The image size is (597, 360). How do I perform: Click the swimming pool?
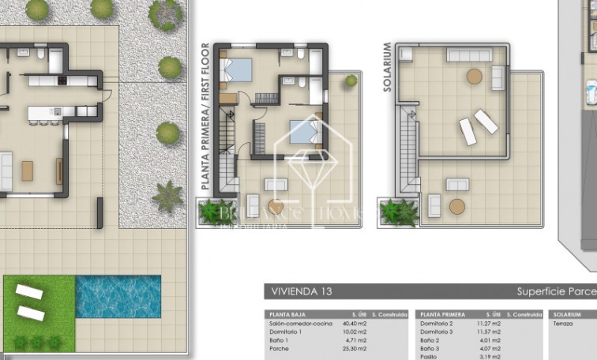pos(118,296)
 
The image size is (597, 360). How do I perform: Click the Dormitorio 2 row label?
pos(437,323)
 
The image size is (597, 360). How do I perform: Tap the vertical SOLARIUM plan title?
pos(388,68)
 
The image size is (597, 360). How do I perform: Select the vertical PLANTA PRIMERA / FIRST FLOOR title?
pos(205,116)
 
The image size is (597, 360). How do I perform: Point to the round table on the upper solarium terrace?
pos(474,77)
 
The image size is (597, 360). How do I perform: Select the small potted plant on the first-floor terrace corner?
pos(351,81)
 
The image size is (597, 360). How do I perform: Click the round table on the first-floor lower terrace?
pos(276,207)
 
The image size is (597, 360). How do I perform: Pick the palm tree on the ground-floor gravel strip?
pos(167,196)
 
